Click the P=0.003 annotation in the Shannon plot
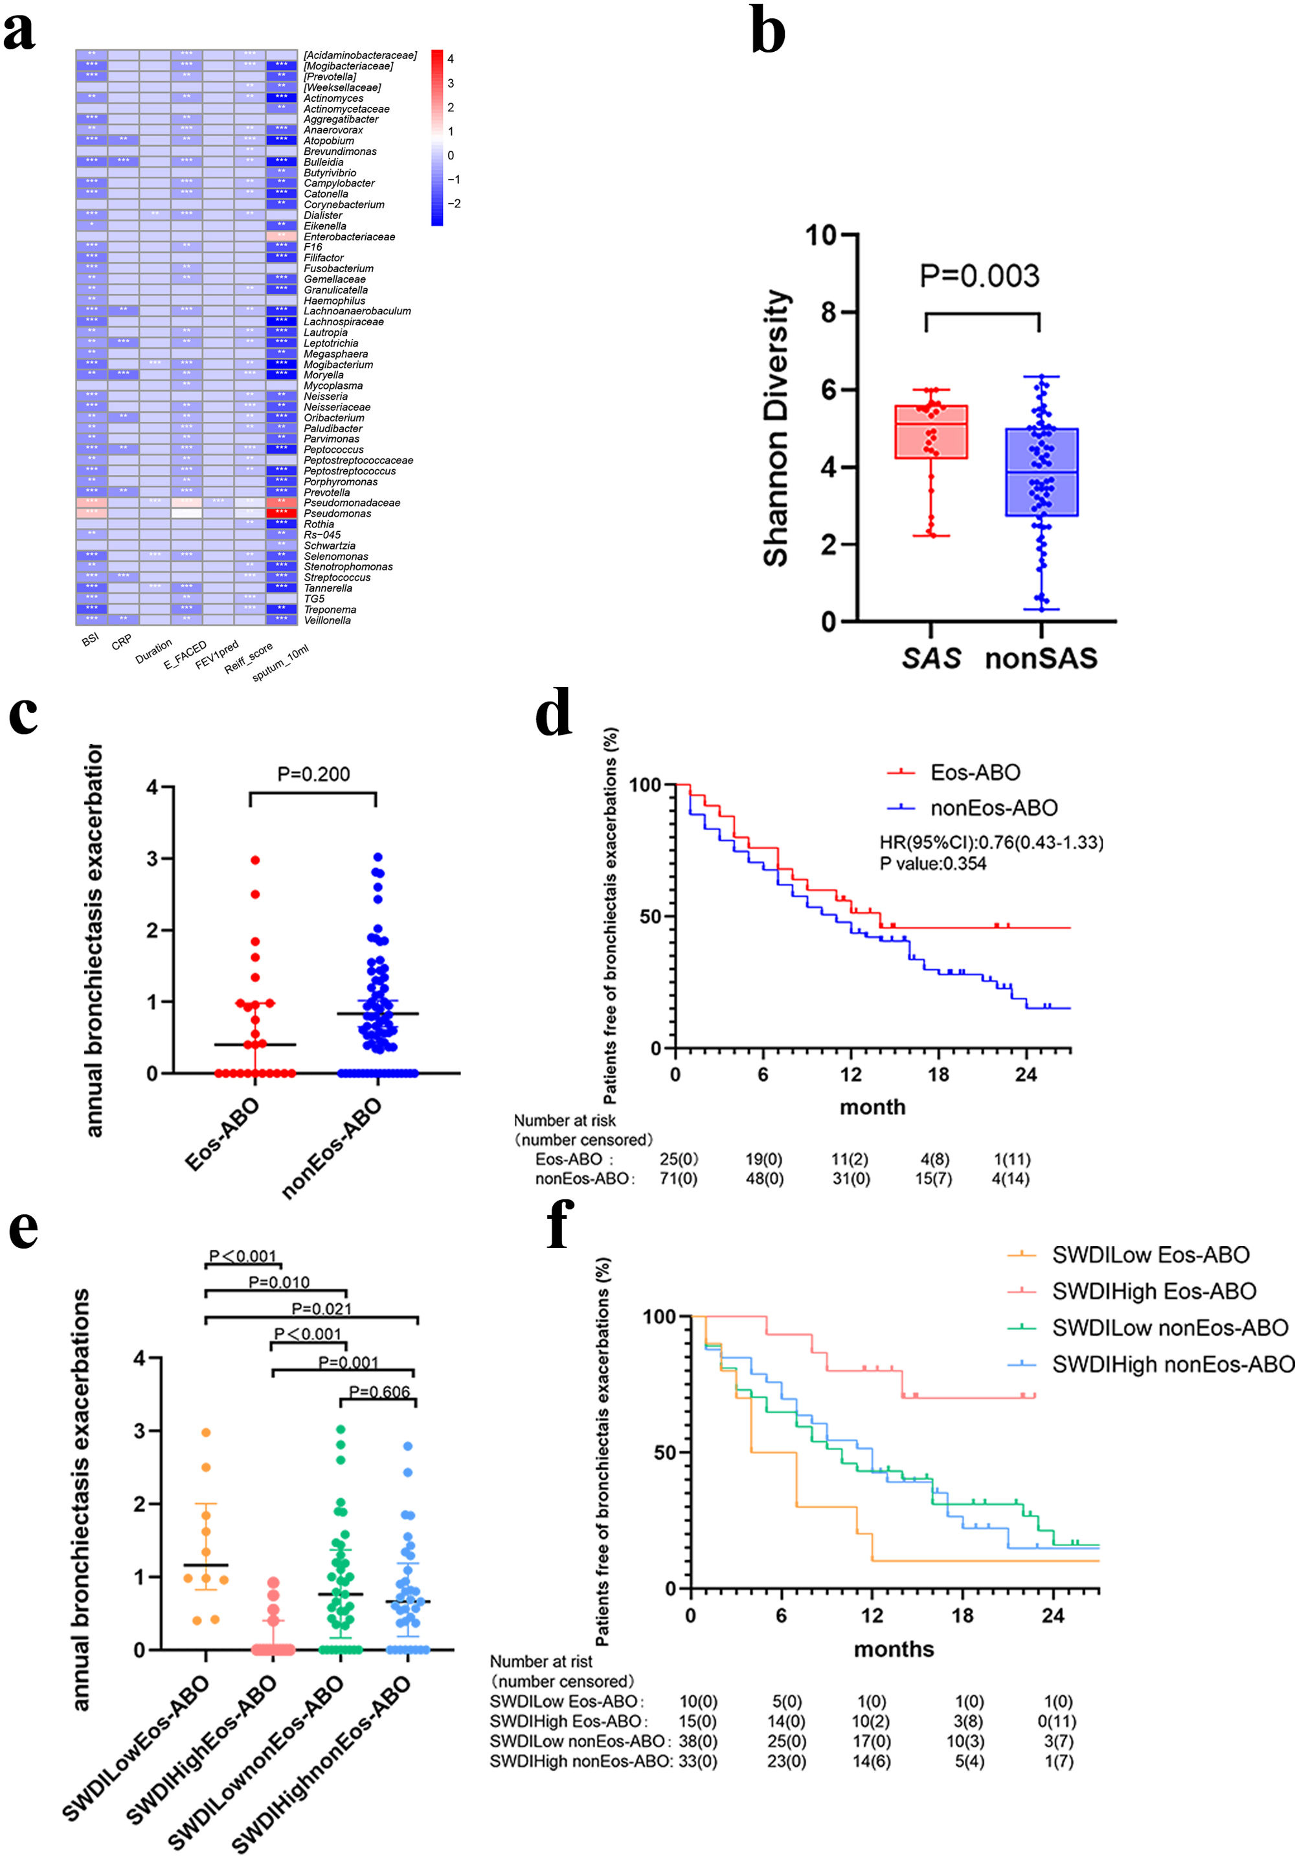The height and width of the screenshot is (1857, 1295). [x=979, y=276]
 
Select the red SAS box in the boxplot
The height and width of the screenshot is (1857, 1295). [x=931, y=432]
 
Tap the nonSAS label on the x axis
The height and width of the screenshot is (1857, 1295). [x=1041, y=658]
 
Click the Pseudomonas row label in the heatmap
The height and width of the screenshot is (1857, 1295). [x=337, y=514]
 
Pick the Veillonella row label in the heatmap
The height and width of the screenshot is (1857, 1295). [x=328, y=620]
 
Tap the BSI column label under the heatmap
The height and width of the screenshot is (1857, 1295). [x=90, y=640]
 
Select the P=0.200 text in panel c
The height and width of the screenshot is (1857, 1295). [x=313, y=774]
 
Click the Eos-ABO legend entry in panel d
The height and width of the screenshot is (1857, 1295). [x=975, y=772]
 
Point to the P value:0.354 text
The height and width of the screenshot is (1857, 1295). [x=933, y=864]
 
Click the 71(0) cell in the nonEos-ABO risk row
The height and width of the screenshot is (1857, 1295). [x=678, y=1179]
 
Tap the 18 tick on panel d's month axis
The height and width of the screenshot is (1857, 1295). [x=938, y=1074]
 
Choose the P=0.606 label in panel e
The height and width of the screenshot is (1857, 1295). [x=379, y=1392]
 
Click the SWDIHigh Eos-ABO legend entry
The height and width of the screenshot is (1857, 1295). [x=1154, y=1291]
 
